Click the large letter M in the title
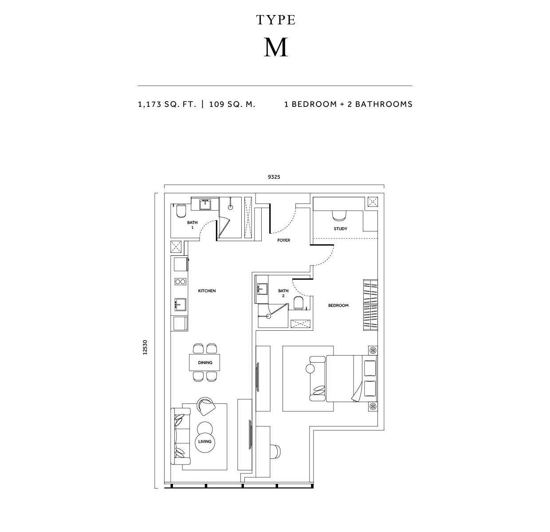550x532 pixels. (275, 47)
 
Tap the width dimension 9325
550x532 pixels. (274, 177)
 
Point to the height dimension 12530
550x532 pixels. (145, 347)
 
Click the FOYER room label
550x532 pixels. (283, 240)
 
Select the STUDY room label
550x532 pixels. (340, 229)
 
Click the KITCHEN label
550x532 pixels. (207, 291)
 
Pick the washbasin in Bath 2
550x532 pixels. (263, 289)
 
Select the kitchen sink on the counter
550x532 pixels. (180, 305)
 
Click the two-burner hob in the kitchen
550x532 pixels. (181, 282)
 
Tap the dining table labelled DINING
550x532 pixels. (204, 362)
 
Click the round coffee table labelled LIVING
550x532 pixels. (204, 441)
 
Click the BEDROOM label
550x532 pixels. (338, 305)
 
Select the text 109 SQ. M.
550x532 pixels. (232, 104)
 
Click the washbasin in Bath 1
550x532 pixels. (205, 204)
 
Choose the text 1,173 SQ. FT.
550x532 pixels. (167, 104)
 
